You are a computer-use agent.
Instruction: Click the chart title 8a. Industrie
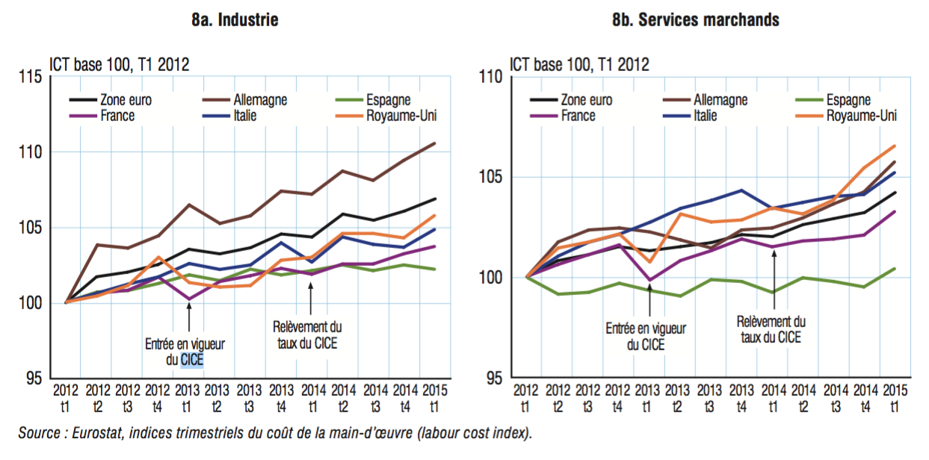(235, 20)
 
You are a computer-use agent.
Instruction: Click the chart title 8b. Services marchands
(695, 20)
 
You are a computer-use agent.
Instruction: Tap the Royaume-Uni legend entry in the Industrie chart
(401, 115)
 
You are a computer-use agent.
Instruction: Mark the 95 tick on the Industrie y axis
(34, 379)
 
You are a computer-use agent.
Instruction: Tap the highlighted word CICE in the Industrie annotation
(192, 360)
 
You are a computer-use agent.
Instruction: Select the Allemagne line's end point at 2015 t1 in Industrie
(435, 143)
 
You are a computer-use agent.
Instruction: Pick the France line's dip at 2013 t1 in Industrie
(188, 299)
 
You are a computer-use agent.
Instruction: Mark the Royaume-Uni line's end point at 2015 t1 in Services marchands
(895, 146)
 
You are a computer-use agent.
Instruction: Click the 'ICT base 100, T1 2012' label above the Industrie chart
(120, 63)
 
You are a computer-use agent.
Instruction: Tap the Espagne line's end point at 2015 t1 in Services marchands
(895, 269)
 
